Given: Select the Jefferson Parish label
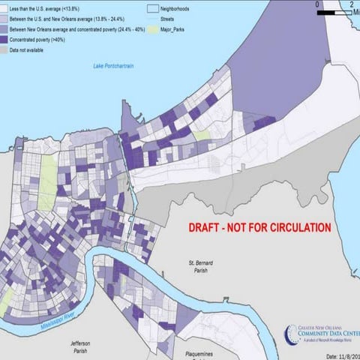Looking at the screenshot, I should (x=80, y=346).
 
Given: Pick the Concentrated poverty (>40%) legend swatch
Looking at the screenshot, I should (x=4, y=38).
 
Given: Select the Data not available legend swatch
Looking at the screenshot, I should (x=4, y=49).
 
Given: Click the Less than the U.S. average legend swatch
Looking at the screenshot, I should (x=4, y=6).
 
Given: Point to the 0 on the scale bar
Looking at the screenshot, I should (x=318, y=4).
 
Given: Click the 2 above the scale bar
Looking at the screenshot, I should (x=351, y=4).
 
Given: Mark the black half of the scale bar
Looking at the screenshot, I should (x=327, y=11).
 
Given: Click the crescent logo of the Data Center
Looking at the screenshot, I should (x=289, y=333).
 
